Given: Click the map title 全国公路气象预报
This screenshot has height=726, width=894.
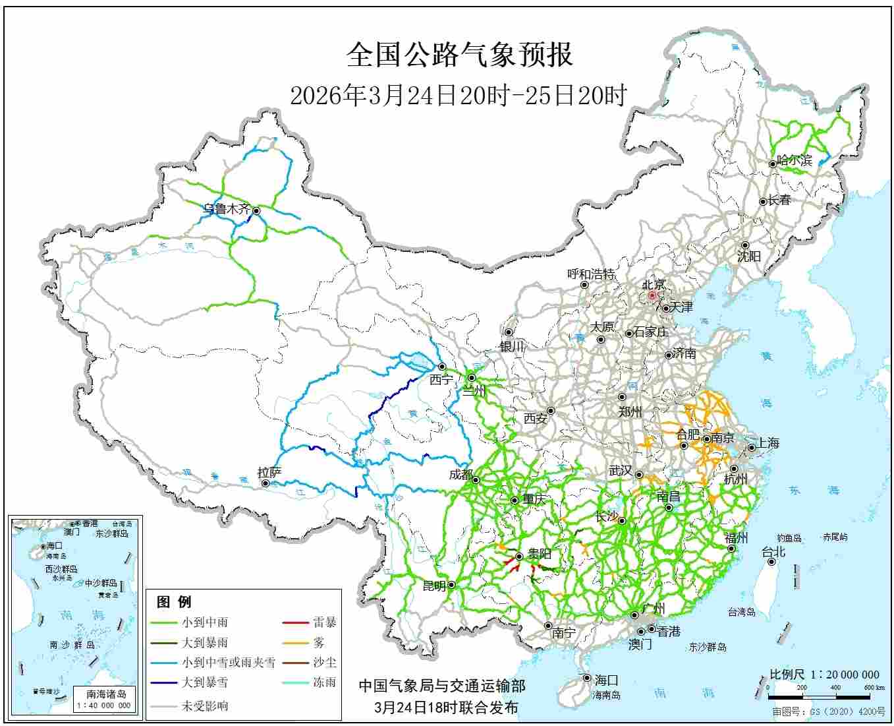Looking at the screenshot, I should coord(459,55).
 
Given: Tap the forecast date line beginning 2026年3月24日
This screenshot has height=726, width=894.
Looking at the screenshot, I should coord(459,96).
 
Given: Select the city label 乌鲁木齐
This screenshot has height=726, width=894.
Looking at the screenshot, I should coord(226,209).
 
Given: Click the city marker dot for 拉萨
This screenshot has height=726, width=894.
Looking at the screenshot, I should coord(265,483).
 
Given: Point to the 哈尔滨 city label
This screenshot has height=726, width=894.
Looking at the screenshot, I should coord(795,160).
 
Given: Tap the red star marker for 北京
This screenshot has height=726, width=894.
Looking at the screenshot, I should coord(652,296).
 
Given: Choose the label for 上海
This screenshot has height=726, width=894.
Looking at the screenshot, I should coord(768,443).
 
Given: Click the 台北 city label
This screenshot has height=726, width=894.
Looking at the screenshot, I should coord(773,551).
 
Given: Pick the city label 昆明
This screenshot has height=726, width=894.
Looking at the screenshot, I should coord(434,586).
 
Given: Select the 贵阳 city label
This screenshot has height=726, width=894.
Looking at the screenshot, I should coord(539,554).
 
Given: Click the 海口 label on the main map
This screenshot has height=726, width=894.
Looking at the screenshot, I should coord(606,680).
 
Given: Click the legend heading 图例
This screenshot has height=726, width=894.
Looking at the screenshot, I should coord(174,601).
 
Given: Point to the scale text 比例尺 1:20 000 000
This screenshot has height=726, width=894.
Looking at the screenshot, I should coord(824,674).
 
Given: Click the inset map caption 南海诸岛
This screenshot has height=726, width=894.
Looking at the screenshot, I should coord(106,694).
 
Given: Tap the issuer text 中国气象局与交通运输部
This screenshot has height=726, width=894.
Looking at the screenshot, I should coord(442,686).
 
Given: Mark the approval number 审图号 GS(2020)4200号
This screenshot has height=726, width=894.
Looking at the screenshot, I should coord(829,712).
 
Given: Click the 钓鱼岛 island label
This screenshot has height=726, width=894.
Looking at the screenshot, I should coord(789,538).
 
